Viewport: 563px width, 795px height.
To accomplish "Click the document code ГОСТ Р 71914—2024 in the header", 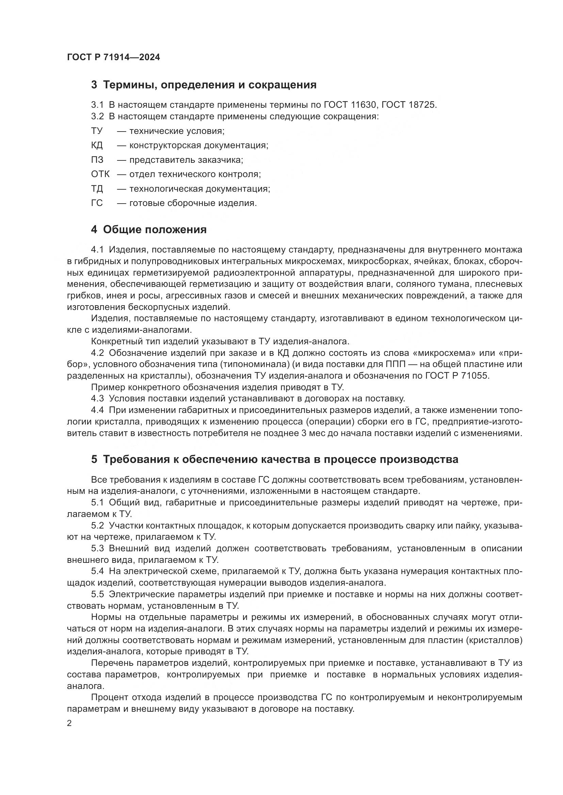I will (113, 57).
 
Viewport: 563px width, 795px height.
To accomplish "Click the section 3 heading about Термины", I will (204, 85).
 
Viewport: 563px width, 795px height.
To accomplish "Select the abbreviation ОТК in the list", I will (100, 174).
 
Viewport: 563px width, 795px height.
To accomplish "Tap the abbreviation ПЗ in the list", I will (97, 160).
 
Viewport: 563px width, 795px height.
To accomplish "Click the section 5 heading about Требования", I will (274, 460).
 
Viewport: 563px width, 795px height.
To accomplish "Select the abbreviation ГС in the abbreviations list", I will (97, 203).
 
